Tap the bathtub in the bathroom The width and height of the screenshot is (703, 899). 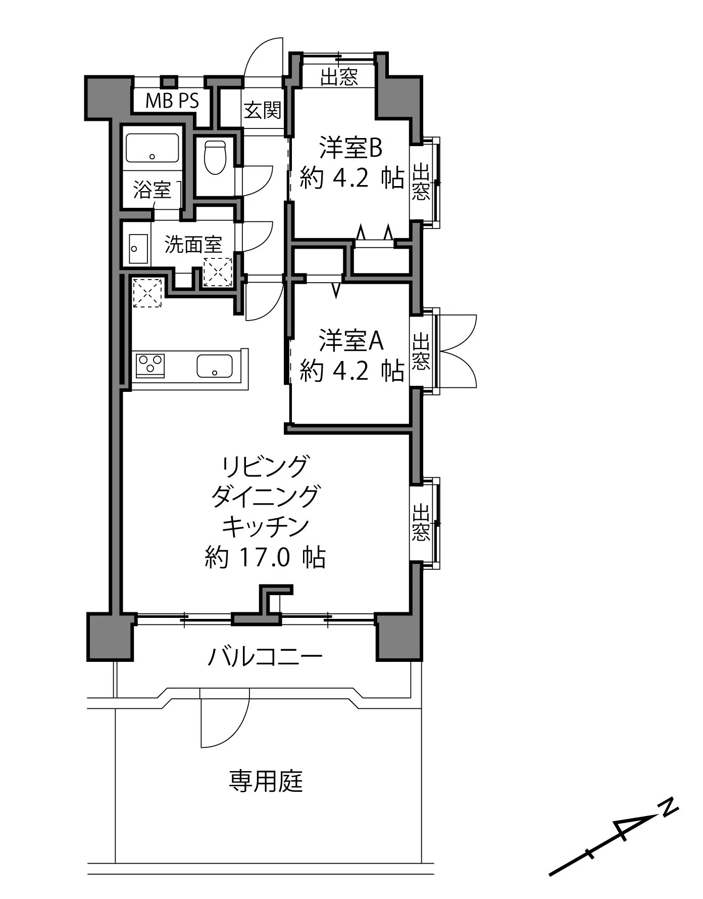(152, 148)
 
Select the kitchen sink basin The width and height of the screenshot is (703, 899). (215, 366)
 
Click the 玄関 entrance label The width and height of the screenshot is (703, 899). (263, 110)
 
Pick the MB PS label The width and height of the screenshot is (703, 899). (172, 101)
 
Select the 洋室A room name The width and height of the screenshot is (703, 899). (350, 341)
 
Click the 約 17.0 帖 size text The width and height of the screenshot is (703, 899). (265, 557)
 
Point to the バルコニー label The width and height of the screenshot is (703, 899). (265, 657)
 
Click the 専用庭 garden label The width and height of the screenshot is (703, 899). (266, 781)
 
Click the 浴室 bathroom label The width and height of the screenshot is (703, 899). (152, 190)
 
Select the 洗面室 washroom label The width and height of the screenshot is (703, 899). (193, 245)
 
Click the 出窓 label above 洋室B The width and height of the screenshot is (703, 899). (339, 77)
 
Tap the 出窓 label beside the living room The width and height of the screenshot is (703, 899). (421, 522)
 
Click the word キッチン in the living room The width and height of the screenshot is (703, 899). (265, 526)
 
